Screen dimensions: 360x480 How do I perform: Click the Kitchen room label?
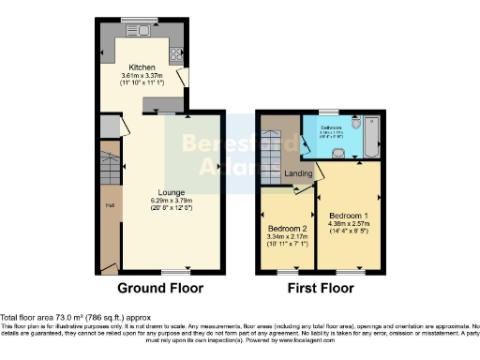tap(142, 67)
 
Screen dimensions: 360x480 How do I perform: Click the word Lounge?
tap(157, 192)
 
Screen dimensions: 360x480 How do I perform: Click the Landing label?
tap(298, 174)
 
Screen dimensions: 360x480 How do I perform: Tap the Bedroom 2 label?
tap(289, 229)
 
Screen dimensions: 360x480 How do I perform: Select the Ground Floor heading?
tap(159, 288)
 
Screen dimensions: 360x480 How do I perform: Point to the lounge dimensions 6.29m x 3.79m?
tap(157, 201)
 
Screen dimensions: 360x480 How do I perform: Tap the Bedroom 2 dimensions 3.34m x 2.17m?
tap(289, 237)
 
